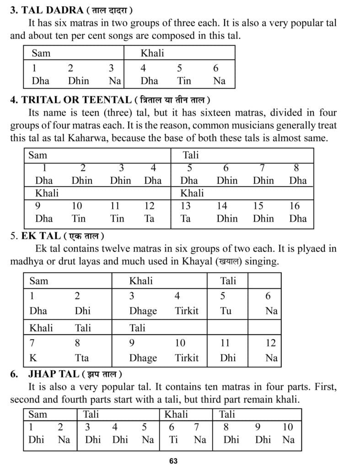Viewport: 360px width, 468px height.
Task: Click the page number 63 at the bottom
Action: pyautogui.click(x=173, y=461)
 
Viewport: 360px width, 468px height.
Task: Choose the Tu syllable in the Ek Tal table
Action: pyautogui.click(x=226, y=311)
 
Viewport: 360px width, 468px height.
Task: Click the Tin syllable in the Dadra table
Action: pyautogui.click(x=184, y=81)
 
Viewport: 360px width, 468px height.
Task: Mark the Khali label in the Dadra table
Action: pyautogui.click(x=152, y=53)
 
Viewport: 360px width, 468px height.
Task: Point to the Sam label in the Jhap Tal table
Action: pyautogui.click(x=38, y=415)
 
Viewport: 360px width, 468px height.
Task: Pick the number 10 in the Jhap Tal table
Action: pyautogui.click(x=288, y=427)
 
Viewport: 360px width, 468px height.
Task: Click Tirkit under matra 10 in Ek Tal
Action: pyautogui.click(x=187, y=358)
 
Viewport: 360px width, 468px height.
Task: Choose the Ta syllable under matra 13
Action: pyautogui.click(x=185, y=218)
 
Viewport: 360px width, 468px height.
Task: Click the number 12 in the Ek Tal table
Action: pyautogui.click(x=271, y=343)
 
